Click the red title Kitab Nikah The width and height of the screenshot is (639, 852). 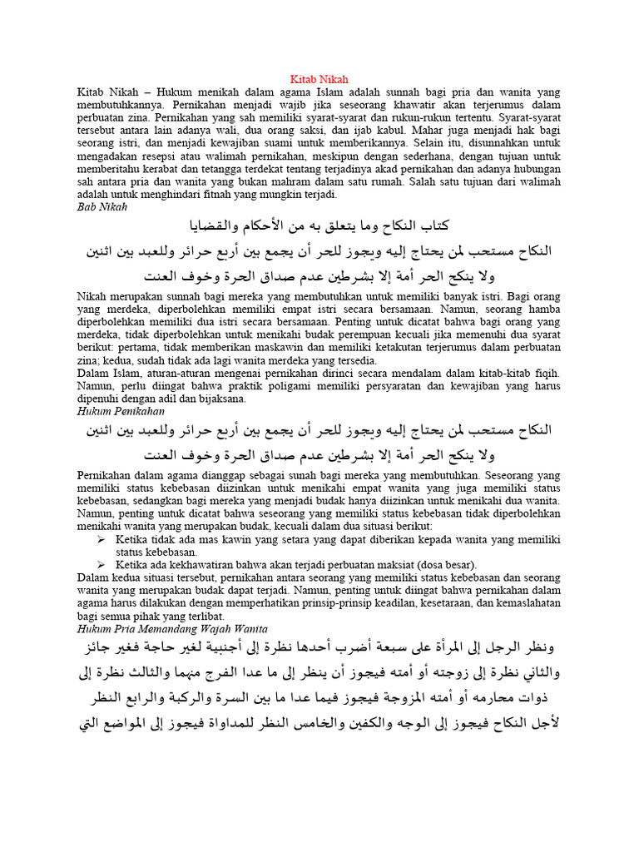click(319, 79)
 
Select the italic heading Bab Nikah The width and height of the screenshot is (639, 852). click(102, 206)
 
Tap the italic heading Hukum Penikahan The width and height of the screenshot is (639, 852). click(121, 411)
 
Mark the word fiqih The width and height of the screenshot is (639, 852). click(543, 373)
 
